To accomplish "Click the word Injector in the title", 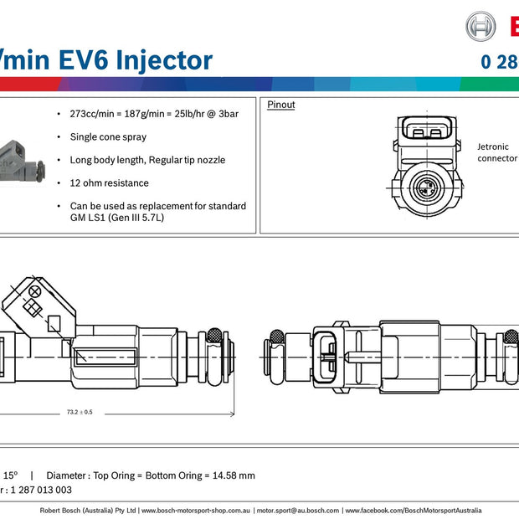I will (x=164, y=60).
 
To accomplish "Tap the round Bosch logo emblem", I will (x=480, y=27).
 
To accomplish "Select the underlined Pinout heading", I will (x=280, y=105).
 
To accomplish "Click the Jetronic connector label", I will (x=496, y=152).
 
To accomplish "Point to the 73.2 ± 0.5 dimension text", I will (x=79, y=412).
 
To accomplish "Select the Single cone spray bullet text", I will (x=108, y=136).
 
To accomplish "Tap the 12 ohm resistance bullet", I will (x=109, y=182).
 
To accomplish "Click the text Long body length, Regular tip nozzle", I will (x=147, y=159).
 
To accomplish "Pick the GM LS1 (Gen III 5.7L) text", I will (x=118, y=217).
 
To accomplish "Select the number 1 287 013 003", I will (x=40, y=491).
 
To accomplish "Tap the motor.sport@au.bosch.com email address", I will (x=297, y=510).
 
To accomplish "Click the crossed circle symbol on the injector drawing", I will (x=36, y=291).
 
